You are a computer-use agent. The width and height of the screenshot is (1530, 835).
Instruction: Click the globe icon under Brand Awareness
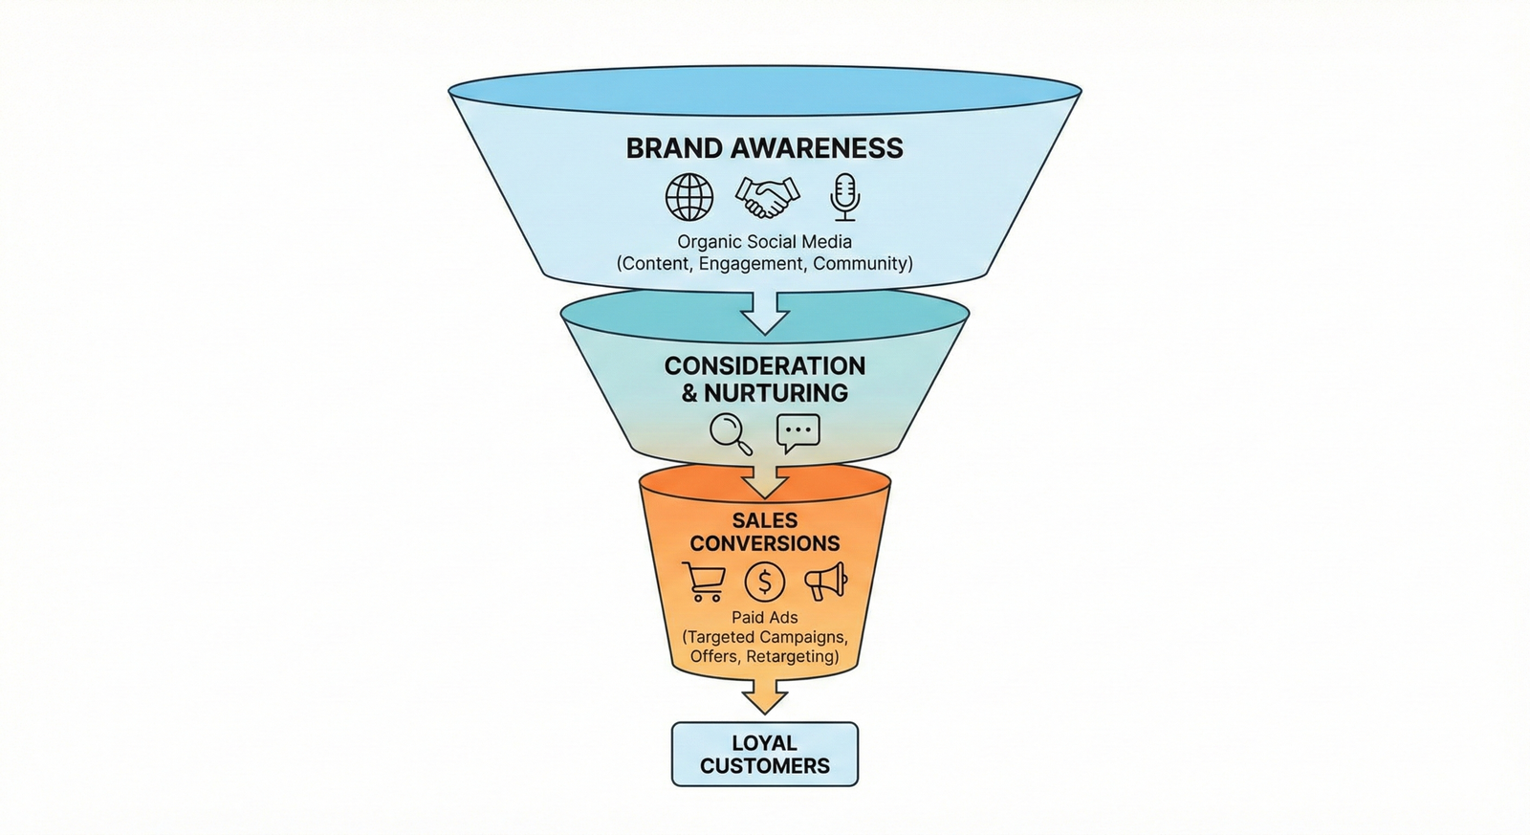pyautogui.click(x=689, y=197)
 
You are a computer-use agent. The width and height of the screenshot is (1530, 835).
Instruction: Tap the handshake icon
pyautogui.click(x=766, y=197)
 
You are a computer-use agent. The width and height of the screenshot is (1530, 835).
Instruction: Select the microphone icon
pyautogui.click(x=843, y=196)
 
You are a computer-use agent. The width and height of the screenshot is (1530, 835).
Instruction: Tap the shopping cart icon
pyautogui.click(x=704, y=582)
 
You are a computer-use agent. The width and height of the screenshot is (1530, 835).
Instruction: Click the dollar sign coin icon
pyautogui.click(x=764, y=582)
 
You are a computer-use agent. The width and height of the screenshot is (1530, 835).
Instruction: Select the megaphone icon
pyautogui.click(x=826, y=581)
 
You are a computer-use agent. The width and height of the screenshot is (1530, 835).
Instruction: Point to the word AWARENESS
pyautogui.click(x=817, y=148)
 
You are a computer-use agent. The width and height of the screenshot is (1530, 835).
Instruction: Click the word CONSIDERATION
pyautogui.click(x=765, y=366)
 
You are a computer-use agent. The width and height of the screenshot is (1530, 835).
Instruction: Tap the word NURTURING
pyautogui.click(x=776, y=393)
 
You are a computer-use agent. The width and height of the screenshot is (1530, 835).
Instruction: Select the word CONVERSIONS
pyautogui.click(x=765, y=543)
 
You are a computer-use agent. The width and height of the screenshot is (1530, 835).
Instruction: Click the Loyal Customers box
pyautogui.click(x=765, y=755)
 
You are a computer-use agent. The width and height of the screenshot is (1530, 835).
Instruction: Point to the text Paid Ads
pyautogui.click(x=765, y=618)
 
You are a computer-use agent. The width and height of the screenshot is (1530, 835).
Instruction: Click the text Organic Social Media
pyautogui.click(x=765, y=242)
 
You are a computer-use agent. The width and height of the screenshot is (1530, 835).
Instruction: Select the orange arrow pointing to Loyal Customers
pyautogui.click(x=765, y=695)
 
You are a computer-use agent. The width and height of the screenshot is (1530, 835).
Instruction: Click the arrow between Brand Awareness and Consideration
pyautogui.click(x=765, y=312)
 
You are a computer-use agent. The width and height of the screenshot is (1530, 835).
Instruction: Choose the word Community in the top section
pyautogui.click(x=862, y=263)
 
